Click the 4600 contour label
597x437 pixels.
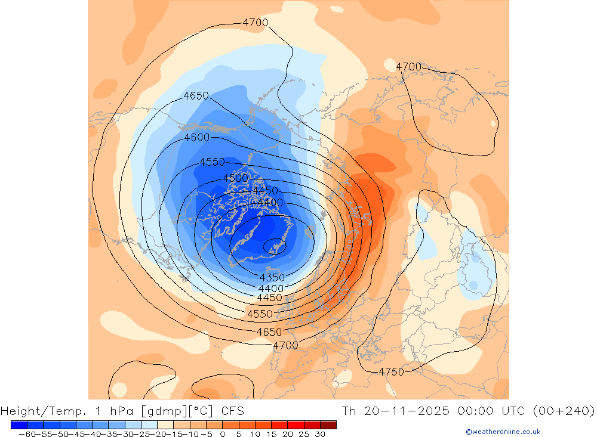(x=196, y=137)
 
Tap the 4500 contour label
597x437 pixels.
(x=235, y=178)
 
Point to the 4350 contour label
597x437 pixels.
(x=272, y=277)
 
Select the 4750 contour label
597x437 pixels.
(x=391, y=371)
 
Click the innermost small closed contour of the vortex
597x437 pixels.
(x=275, y=245)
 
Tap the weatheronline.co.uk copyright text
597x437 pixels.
(x=503, y=432)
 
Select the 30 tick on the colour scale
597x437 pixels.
(x=320, y=434)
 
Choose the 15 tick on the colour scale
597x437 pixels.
(x=271, y=434)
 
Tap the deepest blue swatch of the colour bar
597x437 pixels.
(x=19, y=424)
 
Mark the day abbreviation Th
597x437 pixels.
(x=349, y=411)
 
